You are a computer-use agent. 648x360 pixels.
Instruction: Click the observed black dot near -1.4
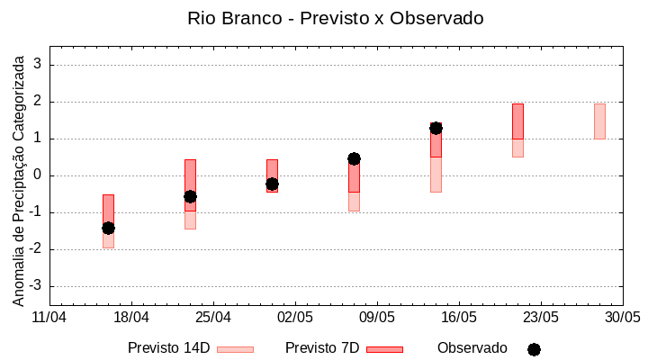(x=108, y=228)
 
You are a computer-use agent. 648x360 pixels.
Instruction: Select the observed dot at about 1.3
(x=436, y=128)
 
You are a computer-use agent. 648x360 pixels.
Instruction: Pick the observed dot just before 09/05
(x=354, y=158)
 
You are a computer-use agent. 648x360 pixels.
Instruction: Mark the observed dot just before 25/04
(x=190, y=196)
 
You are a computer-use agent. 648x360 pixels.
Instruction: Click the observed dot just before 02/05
(x=272, y=184)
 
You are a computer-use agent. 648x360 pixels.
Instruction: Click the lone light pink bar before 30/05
(x=599, y=121)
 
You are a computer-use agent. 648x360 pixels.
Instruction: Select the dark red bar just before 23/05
(x=517, y=121)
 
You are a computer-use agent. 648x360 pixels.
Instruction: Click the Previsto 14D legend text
(x=168, y=348)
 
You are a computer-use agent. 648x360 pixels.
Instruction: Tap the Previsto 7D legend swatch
(x=384, y=348)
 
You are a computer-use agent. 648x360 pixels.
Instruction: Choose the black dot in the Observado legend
(x=534, y=349)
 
